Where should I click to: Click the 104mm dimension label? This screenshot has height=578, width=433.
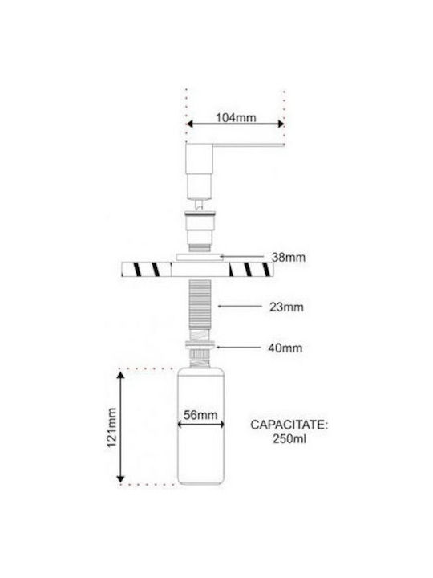(236, 117)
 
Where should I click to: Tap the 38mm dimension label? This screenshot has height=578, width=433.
(289, 258)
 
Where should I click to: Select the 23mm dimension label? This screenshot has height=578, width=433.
(286, 307)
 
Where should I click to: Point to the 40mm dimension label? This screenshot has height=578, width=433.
(285, 348)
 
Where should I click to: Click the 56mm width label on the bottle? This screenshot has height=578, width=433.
(200, 415)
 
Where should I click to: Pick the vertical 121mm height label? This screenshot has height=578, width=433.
(111, 427)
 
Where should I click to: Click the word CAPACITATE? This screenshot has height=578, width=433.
(289, 425)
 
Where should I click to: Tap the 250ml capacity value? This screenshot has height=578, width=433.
(289, 439)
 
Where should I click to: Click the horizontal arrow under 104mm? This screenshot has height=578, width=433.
(235, 124)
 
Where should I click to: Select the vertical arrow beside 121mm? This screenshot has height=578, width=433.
(120, 427)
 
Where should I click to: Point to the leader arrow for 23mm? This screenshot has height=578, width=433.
(240, 306)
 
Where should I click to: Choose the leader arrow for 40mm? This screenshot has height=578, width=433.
(239, 348)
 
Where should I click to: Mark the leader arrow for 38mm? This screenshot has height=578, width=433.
(241, 255)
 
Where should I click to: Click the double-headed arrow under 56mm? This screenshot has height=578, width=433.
(200, 425)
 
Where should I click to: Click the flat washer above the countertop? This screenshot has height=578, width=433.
(200, 257)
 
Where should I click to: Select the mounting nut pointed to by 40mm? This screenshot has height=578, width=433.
(200, 345)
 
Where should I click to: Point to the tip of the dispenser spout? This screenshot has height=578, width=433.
(284, 144)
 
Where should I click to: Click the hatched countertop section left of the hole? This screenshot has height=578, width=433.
(147, 269)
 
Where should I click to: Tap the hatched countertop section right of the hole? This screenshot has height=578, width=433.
(251, 269)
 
